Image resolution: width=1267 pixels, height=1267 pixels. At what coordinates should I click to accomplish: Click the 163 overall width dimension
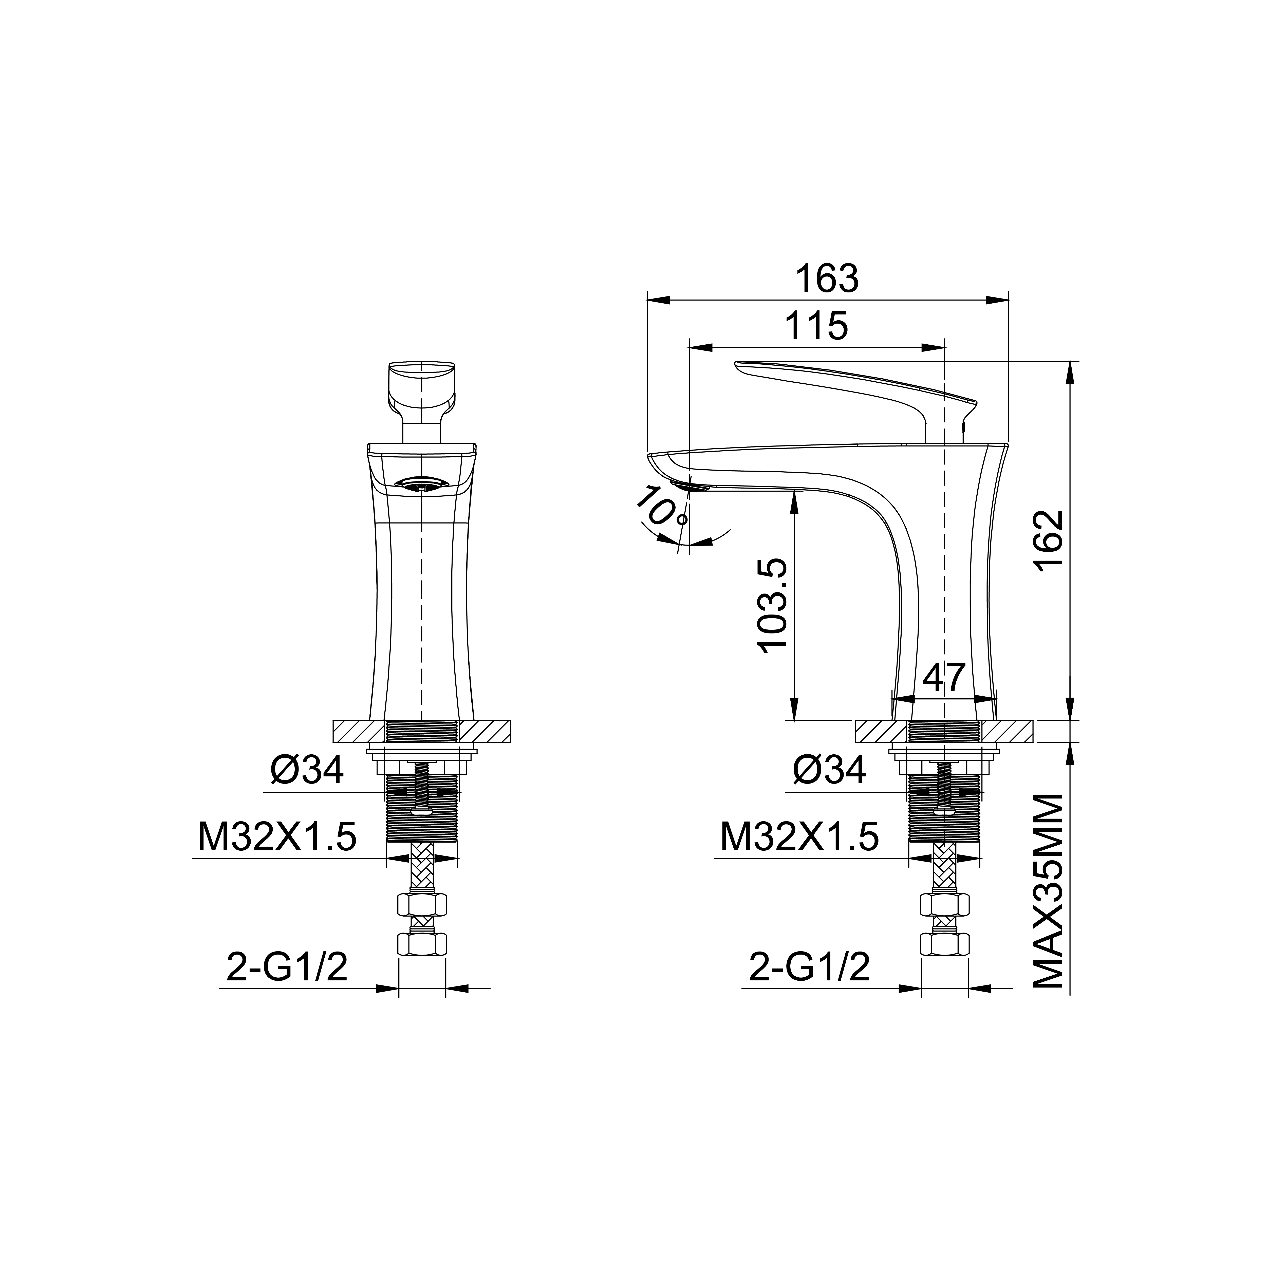(827, 279)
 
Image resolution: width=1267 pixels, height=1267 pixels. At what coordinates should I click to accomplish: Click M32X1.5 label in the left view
(277, 837)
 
